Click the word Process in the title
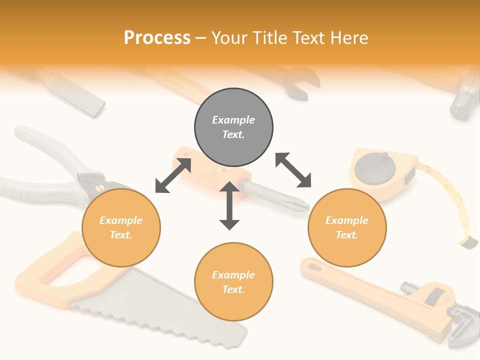[x=157, y=38]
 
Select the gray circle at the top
[x=233, y=127]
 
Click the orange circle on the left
[x=121, y=227]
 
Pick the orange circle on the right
[x=347, y=227]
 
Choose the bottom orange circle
[x=233, y=282]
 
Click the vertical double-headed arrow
[x=229, y=206]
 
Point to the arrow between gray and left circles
[x=173, y=175]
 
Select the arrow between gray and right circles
[x=293, y=170]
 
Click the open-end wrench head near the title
[x=302, y=82]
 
